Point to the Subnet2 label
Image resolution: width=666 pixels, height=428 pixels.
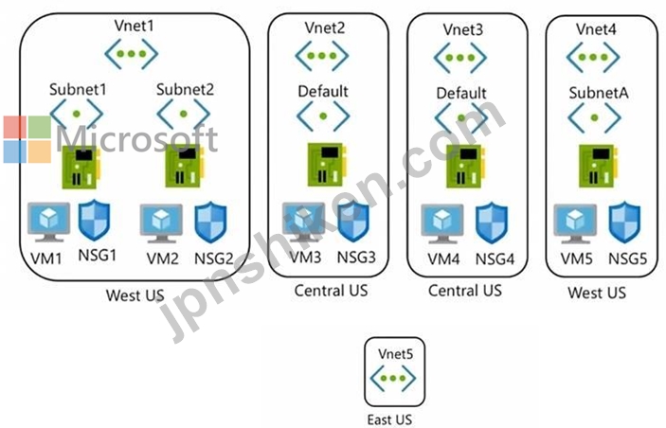(x=185, y=91)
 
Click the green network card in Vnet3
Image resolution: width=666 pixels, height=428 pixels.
(x=464, y=165)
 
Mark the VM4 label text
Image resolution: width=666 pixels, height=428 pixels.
(x=442, y=258)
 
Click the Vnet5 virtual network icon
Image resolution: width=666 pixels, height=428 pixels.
(x=396, y=379)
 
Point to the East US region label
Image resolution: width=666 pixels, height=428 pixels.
(x=396, y=417)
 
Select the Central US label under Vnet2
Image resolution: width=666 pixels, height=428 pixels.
(x=330, y=290)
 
